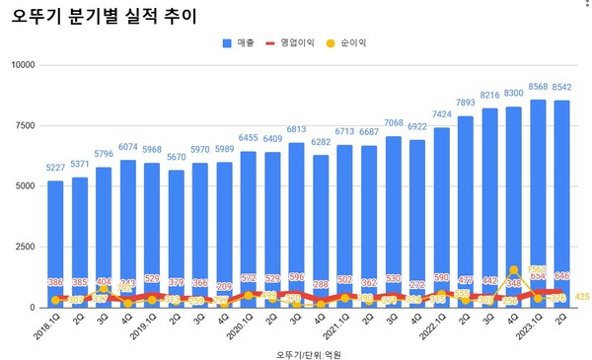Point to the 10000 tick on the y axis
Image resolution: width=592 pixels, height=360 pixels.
point(21,65)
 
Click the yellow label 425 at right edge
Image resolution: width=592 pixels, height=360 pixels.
point(581,297)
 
